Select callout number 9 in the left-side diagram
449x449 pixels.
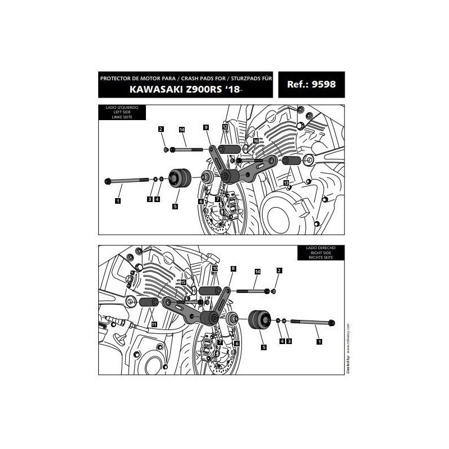(207, 128)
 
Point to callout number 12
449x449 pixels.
(224, 128)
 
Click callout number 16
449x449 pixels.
(256, 141)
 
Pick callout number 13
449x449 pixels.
(286, 184)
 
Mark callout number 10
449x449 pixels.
(215, 269)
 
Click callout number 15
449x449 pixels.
(184, 282)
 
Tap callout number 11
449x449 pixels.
(153, 324)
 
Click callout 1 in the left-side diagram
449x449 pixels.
(118, 200)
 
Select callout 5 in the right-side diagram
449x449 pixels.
(263, 348)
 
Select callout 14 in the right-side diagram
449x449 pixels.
(258, 272)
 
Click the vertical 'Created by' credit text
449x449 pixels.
(348, 348)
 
